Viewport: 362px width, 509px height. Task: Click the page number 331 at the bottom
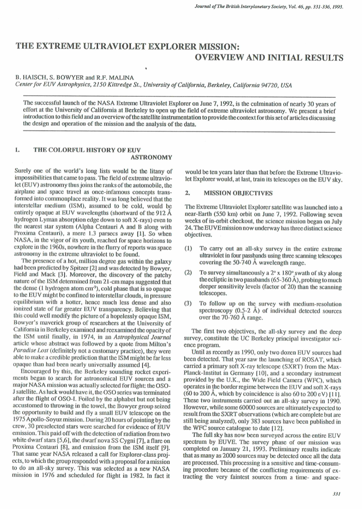(337, 494)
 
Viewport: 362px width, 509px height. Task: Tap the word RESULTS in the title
(318, 58)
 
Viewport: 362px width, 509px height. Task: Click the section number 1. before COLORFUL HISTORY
(17, 150)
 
